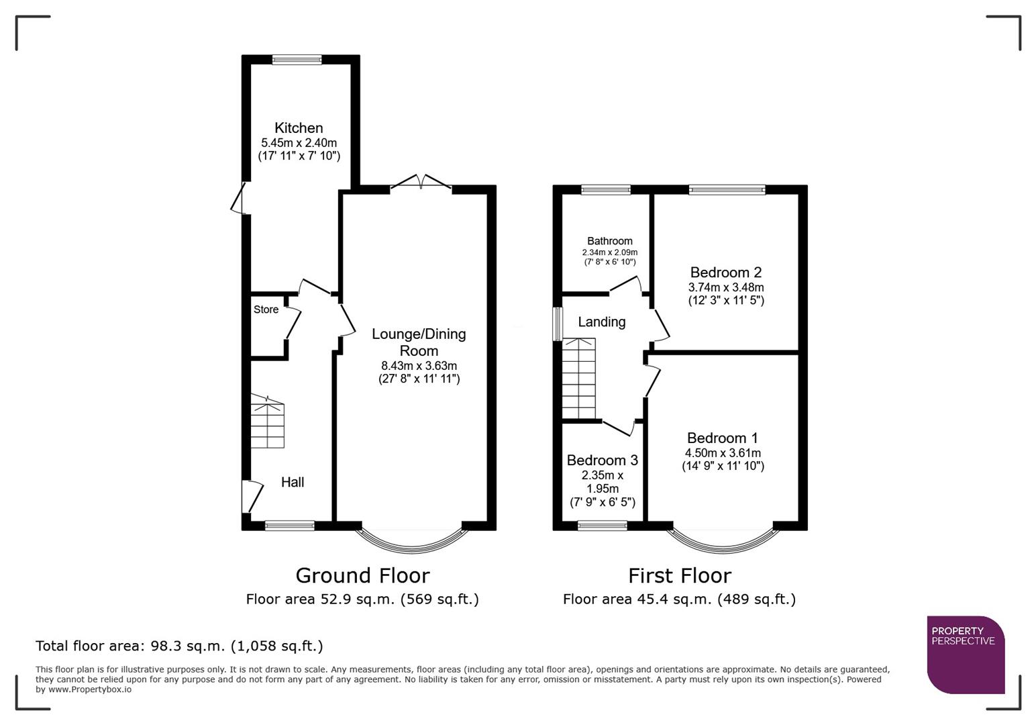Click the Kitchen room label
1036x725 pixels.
[x=299, y=128]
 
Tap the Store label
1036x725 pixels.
[x=266, y=309]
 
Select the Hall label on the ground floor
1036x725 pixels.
[x=293, y=482]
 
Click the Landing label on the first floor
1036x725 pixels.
[x=601, y=322]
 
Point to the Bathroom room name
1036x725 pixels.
[x=609, y=241]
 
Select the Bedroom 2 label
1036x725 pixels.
[x=725, y=273]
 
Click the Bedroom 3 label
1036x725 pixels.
[x=602, y=461]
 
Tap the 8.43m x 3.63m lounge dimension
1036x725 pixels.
[x=419, y=366]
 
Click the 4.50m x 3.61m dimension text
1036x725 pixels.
[x=723, y=453]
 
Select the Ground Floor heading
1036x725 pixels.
[x=362, y=575]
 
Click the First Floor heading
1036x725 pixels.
[x=679, y=575]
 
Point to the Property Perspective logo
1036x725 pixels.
[x=966, y=655]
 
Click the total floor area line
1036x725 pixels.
[x=179, y=646]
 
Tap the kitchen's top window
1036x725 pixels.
[x=297, y=60]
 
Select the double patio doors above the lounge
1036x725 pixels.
[x=421, y=183]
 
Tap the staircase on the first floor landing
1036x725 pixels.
[x=578, y=379]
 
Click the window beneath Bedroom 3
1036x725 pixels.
[x=602, y=525]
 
